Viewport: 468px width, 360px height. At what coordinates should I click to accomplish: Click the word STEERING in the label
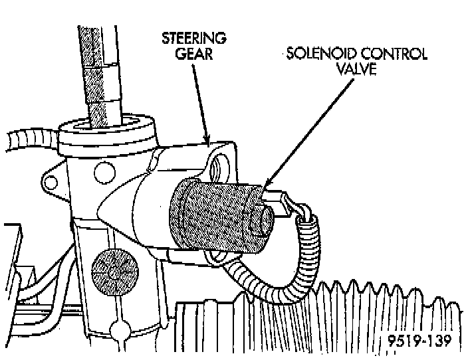point(193,39)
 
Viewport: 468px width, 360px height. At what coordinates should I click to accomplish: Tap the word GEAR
point(193,54)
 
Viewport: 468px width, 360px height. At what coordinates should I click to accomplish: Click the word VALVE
point(357,69)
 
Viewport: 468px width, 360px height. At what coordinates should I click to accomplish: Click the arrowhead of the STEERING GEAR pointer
point(207,141)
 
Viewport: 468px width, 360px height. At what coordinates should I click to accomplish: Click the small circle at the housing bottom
point(121,329)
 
